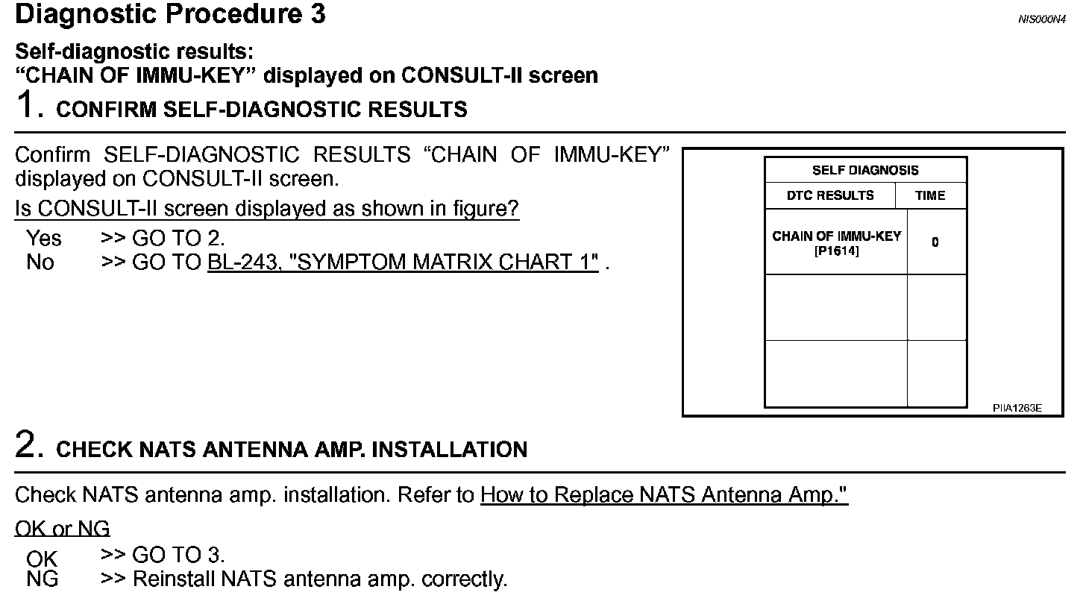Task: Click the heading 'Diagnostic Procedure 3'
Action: pos(170,15)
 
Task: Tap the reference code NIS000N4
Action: pos(1041,19)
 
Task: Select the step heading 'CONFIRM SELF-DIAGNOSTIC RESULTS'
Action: pos(262,110)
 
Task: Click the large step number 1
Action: pos(28,106)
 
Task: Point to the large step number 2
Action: pos(28,446)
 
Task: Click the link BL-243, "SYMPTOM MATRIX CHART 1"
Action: pos(403,262)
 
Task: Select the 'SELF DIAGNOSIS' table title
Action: pos(865,170)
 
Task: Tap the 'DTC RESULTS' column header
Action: pos(830,195)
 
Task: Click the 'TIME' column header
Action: pos(930,195)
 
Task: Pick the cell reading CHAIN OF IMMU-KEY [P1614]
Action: pos(836,243)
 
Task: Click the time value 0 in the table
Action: pos(935,242)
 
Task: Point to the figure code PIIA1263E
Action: pos(1017,408)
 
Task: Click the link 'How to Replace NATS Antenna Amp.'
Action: pos(664,495)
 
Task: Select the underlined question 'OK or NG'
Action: pos(63,529)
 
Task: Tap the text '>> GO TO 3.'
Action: pos(163,555)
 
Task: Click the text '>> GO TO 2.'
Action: pos(163,239)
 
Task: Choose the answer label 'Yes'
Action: pos(44,239)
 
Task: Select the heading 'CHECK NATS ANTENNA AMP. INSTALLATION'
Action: pos(292,450)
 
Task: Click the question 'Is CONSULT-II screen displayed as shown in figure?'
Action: pos(267,209)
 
